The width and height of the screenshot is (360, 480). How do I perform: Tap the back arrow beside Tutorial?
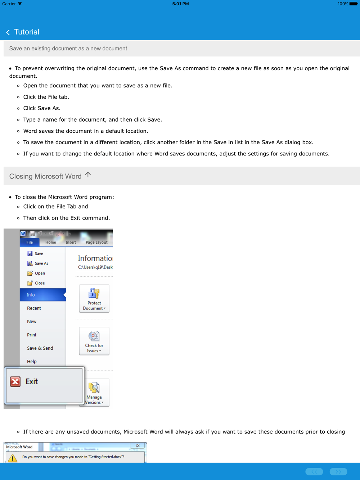coord(8,32)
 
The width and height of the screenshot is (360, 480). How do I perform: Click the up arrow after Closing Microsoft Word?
coord(88,175)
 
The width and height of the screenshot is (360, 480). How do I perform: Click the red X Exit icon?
coord(15,381)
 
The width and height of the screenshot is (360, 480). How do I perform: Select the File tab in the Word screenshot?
coord(30,242)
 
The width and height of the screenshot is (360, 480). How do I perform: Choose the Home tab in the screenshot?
coord(50,242)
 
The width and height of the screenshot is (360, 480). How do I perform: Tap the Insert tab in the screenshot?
coord(71,242)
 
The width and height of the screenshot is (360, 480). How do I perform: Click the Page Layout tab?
coord(96,242)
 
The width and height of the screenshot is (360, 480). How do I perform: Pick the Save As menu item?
coord(41,263)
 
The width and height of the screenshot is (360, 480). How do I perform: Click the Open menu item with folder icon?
coord(40,273)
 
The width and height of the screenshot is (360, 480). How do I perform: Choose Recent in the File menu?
coord(34,308)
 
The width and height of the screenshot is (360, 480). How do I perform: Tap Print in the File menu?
coord(32,335)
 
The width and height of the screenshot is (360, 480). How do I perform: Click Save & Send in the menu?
coord(40,348)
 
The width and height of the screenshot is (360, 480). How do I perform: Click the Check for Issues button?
coord(94,341)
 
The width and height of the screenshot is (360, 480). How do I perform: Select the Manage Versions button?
coord(94,393)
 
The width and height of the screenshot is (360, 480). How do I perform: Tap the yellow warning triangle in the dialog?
coord(13,458)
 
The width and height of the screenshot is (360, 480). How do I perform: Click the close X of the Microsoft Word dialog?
coord(138,445)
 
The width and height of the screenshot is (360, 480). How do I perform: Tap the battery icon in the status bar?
coord(354,4)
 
